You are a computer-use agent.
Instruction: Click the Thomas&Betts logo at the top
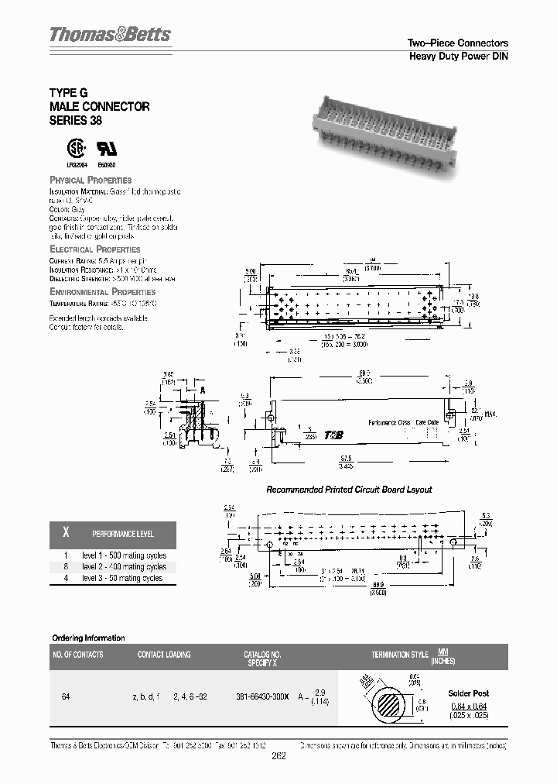click(110, 35)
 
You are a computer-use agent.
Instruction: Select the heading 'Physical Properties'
click(91, 180)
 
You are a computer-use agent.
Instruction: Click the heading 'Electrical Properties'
click(94, 249)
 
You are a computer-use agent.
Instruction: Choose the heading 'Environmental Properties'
click(102, 292)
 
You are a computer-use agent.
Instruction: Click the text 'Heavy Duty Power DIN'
click(458, 57)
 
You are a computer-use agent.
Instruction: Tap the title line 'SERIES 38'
click(76, 121)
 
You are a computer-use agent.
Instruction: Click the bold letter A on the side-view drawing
click(202, 390)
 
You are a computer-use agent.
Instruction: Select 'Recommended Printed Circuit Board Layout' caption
click(349, 490)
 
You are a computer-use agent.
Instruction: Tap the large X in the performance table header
click(66, 534)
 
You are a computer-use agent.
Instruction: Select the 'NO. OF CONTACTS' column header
click(77, 655)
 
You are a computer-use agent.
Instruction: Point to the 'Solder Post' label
click(469, 693)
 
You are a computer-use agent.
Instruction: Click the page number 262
click(279, 757)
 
